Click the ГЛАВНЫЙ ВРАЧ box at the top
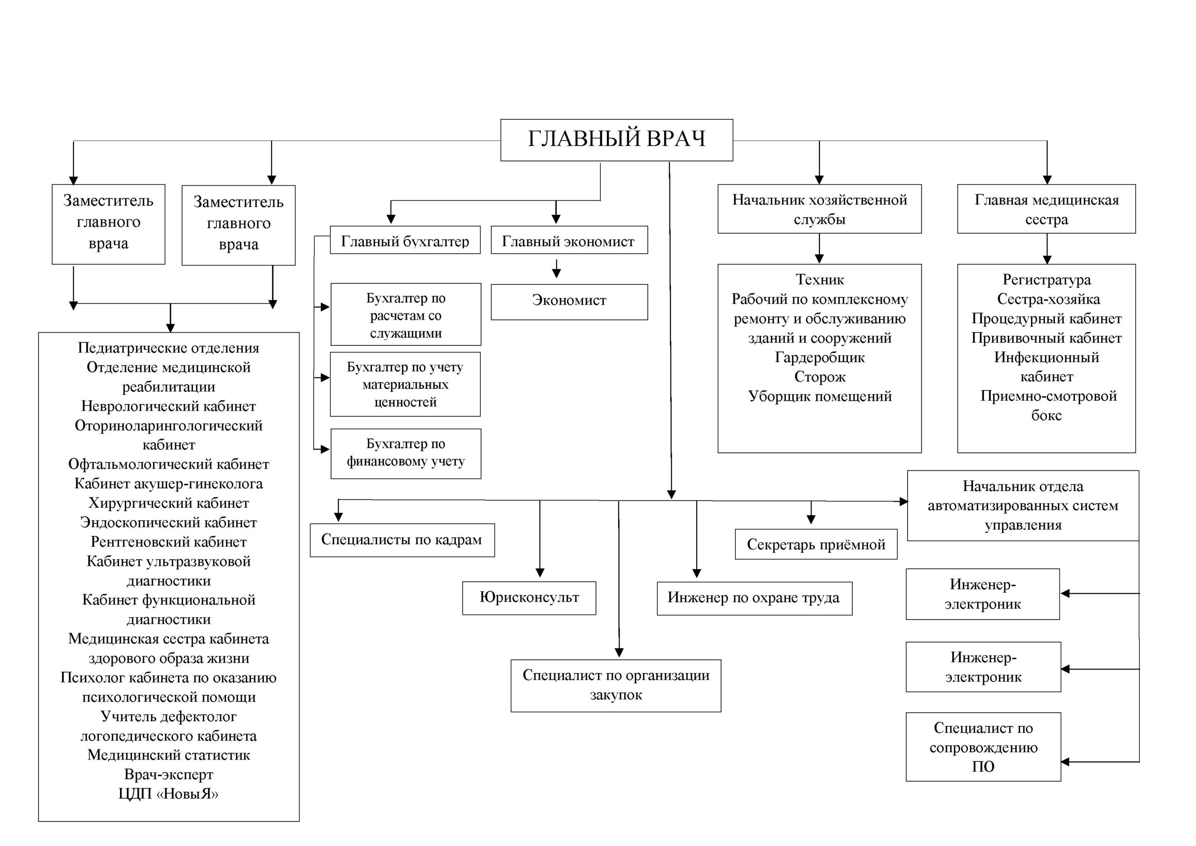pos(616,140)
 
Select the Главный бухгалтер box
pos(405,240)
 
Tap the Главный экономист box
pos(569,240)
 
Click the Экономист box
pos(569,302)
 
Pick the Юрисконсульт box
pos(529,598)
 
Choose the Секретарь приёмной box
pos(816,544)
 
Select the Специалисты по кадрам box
pos(402,540)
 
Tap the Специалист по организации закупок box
pos(616,686)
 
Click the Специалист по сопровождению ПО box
pos(983,747)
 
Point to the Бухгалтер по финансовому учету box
pos(406,453)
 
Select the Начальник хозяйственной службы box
pos(819,208)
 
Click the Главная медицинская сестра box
pos(1046,208)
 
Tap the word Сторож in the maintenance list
pos(820,377)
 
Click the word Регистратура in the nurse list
pos(1046,280)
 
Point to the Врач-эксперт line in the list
pos(169,775)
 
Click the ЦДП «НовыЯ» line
pos(168,794)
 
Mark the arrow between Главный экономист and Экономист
pos(556,268)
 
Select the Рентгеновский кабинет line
pos(169,542)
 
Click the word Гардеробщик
pos(820,357)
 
